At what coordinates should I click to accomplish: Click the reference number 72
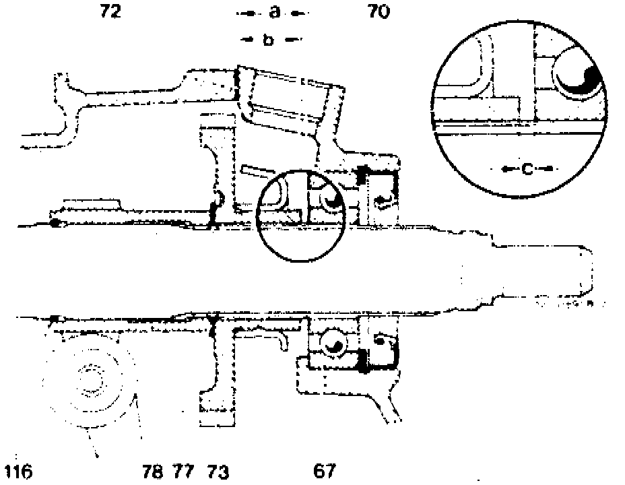[110, 11]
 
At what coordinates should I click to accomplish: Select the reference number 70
[379, 11]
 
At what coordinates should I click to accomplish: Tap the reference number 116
[18, 471]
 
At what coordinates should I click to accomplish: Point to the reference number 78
[153, 471]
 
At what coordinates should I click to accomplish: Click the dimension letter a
[273, 12]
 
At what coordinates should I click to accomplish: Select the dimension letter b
[268, 40]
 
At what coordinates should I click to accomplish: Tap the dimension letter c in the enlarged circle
[527, 169]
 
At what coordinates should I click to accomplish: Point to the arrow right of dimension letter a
[297, 13]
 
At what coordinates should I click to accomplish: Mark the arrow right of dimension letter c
[547, 168]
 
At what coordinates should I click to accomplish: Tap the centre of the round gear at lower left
[88, 381]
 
